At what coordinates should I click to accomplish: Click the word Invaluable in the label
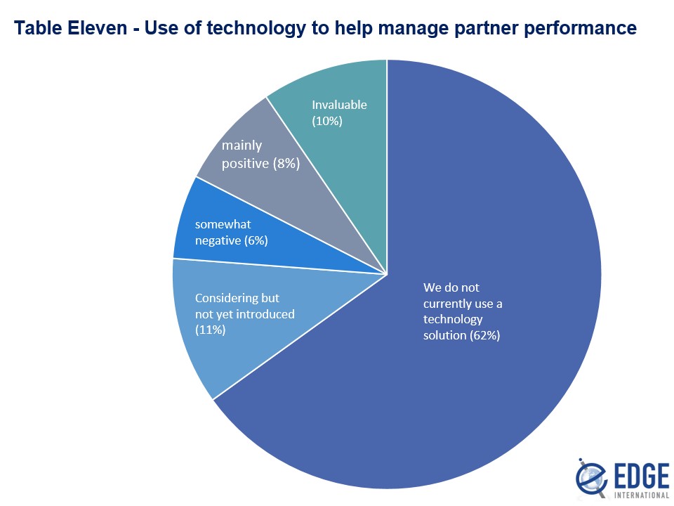[x=339, y=105]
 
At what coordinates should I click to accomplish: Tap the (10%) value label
[x=326, y=121]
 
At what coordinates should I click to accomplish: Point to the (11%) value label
[x=210, y=329]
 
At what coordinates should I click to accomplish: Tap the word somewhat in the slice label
[x=223, y=225]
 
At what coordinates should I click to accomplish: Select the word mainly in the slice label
[x=242, y=145]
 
